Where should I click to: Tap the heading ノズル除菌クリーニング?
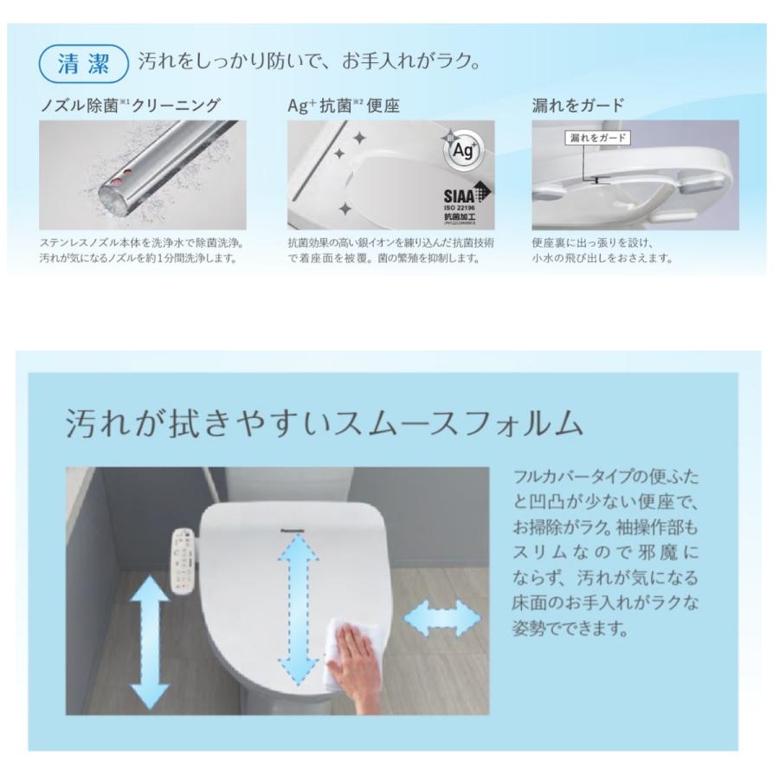tap(131, 106)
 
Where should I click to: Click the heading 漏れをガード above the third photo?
tap(577, 106)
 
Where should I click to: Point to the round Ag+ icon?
tap(460, 151)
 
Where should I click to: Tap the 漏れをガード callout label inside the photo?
tap(596, 138)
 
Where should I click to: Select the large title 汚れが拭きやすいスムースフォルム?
tap(324, 423)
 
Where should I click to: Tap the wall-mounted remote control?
tap(183, 560)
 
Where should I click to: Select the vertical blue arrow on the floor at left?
tap(149, 641)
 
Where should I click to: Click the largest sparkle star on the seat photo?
tap(358, 139)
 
